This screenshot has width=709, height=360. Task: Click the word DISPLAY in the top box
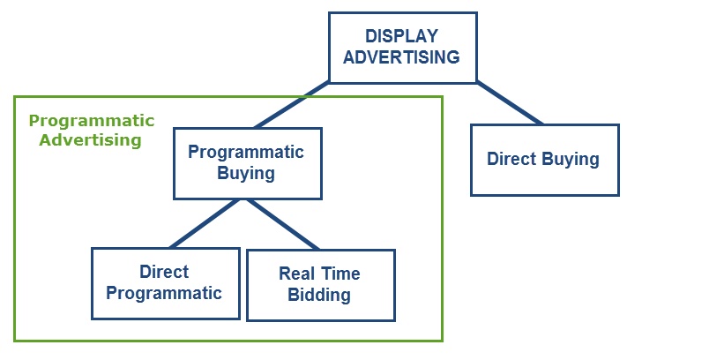coord(401,35)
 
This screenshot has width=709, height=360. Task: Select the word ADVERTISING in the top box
coord(401,57)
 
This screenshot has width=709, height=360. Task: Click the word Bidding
coord(319,295)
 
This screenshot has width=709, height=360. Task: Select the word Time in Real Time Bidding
coord(340,274)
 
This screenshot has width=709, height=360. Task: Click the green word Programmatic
coord(92,121)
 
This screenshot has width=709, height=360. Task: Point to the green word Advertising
coord(91,139)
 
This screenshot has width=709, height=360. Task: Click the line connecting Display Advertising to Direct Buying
coord(510,103)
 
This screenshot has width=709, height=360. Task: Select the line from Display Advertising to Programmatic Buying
coord(292,105)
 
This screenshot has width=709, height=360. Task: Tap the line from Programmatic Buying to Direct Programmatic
coord(205,223)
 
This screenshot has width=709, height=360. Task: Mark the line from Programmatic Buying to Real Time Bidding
coord(283,224)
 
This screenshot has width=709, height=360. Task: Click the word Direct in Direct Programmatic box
coord(164,272)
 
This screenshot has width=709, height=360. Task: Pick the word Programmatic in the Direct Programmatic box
coord(164,293)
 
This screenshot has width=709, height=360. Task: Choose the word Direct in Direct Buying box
coord(511,159)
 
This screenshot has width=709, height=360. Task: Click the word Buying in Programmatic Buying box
coord(246,173)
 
